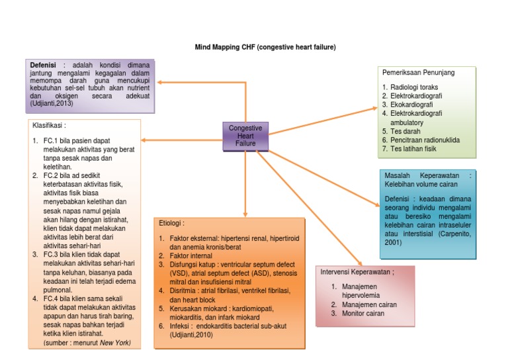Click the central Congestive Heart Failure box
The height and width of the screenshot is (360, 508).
(245, 135)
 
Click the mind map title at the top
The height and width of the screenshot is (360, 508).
(265, 48)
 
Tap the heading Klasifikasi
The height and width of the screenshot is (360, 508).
(50, 124)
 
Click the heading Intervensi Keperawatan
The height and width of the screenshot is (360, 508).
(357, 272)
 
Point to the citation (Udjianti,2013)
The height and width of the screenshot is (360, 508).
(51, 104)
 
